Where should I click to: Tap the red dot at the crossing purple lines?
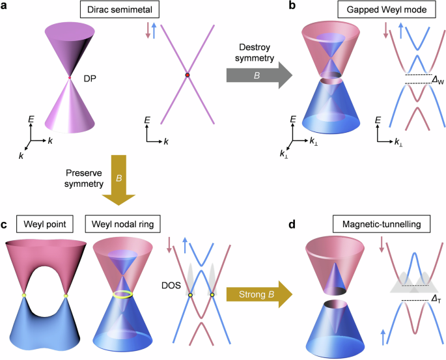(187, 76)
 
